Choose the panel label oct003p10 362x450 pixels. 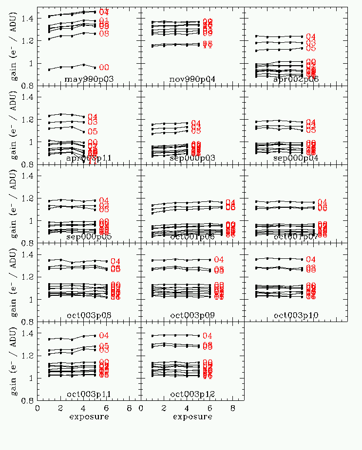click(x=296, y=315)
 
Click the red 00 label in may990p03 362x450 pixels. click(x=104, y=68)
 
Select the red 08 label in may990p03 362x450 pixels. click(x=104, y=34)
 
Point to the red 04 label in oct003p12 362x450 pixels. click(x=207, y=336)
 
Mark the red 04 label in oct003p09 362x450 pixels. click(x=219, y=260)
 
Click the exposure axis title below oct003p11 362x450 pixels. click(x=89, y=417)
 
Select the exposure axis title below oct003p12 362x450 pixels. click(x=192, y=417)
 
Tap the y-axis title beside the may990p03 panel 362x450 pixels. click(x=14, y=46)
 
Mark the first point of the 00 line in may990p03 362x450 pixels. click(x=49, y=70)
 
